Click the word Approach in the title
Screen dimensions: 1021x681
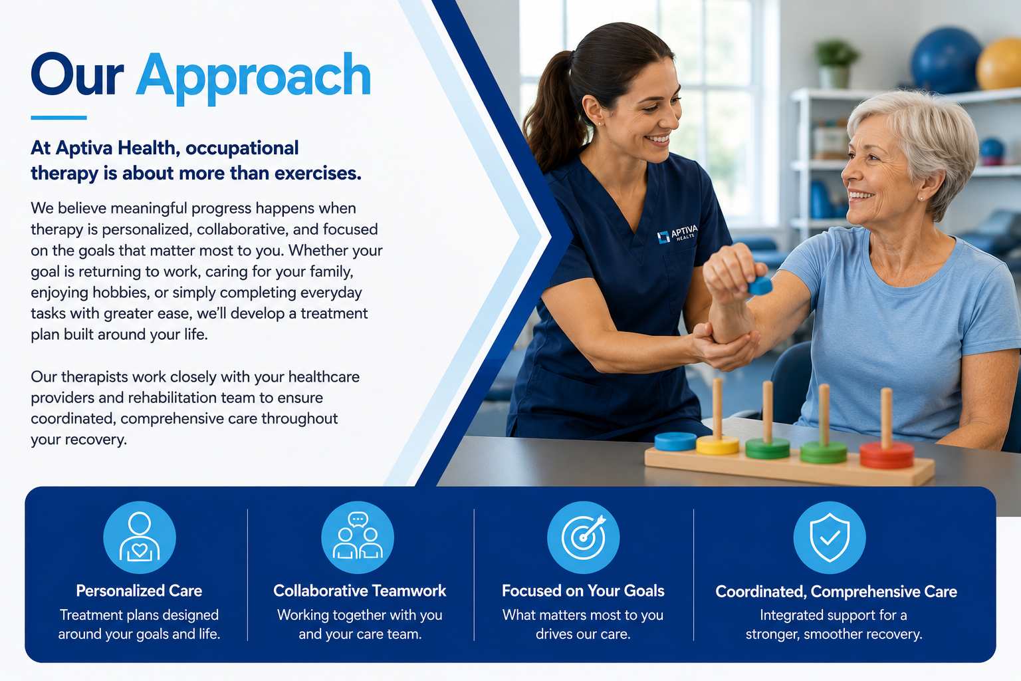(253, 78)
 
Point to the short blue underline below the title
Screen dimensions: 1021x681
(58, 118)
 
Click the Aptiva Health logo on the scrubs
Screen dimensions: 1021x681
(677, 233)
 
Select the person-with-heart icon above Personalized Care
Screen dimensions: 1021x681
(140, 537)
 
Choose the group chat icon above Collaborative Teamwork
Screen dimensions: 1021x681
(358, 537)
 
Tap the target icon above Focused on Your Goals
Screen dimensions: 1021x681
(584, 537)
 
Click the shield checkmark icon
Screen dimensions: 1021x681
(830, 537)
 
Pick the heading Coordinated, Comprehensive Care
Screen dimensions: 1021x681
(836, 592)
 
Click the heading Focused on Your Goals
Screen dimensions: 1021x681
(583, 591)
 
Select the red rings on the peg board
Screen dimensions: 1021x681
(887, 455)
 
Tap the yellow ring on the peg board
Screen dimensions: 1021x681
(717, 445)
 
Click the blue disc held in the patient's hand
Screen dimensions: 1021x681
(760, 286)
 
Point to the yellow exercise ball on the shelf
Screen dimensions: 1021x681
(999, 65)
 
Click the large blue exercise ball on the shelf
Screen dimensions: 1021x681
(947, 61)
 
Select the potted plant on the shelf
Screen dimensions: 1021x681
(836, 64)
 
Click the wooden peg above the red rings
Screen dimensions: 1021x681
(886, 418)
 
